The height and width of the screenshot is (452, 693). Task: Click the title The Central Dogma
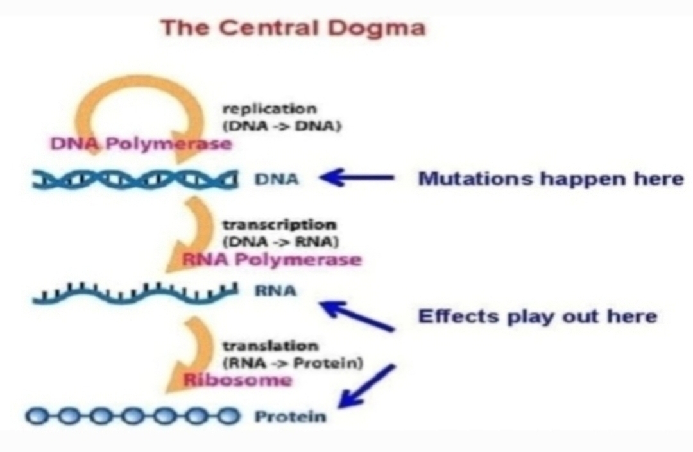click(293, 28)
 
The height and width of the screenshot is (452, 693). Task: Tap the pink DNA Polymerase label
click(141, 144)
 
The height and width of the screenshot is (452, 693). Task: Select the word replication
click(269, 109)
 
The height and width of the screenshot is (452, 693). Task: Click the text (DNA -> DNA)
click(282, 126)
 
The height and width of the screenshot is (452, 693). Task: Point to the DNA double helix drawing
click(135, 180)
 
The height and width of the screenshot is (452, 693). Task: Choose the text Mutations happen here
click(551, 179)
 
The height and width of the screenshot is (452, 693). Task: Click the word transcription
click(279, 224)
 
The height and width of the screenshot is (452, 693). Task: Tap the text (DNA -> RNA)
click(280, 242)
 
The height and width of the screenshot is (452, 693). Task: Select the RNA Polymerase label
click(272, 259)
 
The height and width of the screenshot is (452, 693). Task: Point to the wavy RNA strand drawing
click(135, 293)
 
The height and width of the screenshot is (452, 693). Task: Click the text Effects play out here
click(538, 317)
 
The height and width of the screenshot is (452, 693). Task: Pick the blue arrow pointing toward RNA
click(356, 315)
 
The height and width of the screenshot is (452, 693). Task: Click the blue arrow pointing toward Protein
click(366, 385)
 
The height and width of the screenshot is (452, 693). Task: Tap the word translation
click(270, 346)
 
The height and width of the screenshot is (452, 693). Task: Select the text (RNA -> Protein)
click(293, 364)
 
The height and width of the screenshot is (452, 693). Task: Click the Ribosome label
click(238, 380)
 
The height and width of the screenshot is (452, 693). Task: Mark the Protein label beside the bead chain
click(291, 416)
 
